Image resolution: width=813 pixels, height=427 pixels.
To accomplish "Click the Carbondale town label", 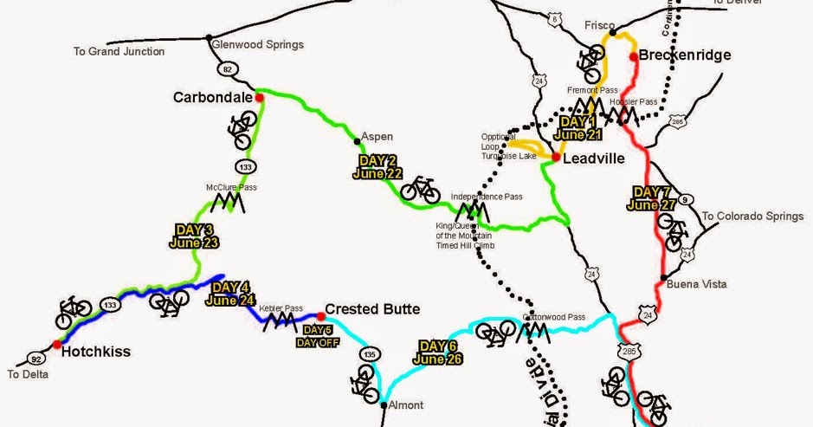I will [213, 97].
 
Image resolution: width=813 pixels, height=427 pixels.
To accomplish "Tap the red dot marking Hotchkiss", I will [57, 345].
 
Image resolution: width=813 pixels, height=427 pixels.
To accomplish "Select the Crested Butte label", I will [373, 309].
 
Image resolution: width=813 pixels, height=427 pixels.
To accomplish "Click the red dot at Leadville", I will [556, 157].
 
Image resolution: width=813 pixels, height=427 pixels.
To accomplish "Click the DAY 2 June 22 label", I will [377, 167].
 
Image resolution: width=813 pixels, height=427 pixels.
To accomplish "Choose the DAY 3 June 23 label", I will [194, 236].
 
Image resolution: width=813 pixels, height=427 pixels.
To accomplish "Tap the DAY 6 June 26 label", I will [439, 352].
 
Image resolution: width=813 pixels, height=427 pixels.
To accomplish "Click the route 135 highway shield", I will [370, 353].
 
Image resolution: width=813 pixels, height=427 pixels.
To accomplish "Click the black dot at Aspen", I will [357, 139].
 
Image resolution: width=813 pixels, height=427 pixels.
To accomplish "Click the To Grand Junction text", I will [119, 52].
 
